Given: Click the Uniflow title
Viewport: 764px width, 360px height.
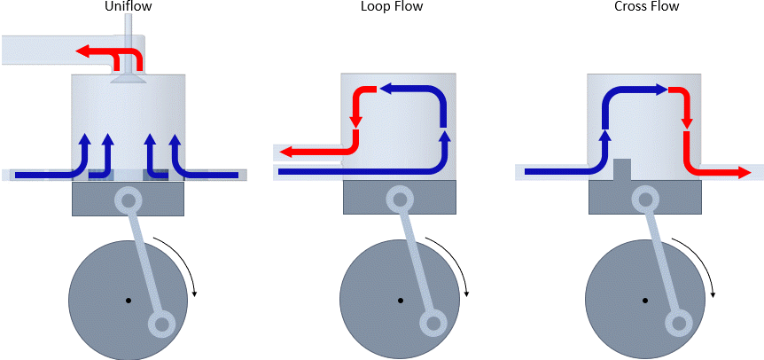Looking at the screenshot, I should tap(129, 7).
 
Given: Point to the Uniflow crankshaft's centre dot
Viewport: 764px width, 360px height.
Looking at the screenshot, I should tap(129, 300).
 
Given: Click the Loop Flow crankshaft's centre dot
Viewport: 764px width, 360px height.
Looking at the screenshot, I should tap(400, 300).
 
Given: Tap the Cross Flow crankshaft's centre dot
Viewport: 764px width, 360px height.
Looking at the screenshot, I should tap(646, 300).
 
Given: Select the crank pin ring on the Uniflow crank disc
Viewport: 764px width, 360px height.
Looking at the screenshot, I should tap(162, 325).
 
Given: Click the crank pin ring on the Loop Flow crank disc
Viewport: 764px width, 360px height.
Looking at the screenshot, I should tap(433, 325).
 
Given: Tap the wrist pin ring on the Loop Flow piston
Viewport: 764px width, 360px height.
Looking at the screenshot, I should tap(400, 200).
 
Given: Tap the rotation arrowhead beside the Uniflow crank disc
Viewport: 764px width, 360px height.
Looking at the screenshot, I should tap(193, 293).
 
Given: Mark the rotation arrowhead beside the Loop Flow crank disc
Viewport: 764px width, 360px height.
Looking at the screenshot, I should tap(464, 293).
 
